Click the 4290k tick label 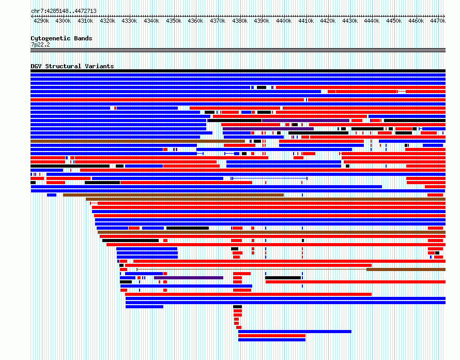[x=41, y=21]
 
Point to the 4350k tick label [x=174, y=21]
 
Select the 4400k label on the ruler [x=284, y=21]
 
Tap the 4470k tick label [x=438, y=21]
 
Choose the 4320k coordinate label [x=108, y=21]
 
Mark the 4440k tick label [x=372, y=21]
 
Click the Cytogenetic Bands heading [x=62, y=38]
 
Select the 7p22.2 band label [x=40, y=44]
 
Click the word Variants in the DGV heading [x=99, y=66]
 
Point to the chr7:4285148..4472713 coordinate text [x=64, y=11]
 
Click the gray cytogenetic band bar [x=238, y=50]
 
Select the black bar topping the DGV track [x=238, y=71]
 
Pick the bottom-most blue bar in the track [x=272, y=340]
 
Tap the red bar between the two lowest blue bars [x=272, y=336]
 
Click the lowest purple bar [x=189, y=278]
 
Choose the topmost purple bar [x=305, y=121]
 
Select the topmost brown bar [x=137, y=141]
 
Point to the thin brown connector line [x=252, y=269]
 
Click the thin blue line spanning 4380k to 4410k [x=270, y=178]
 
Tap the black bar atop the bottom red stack [x=237, y=307]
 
